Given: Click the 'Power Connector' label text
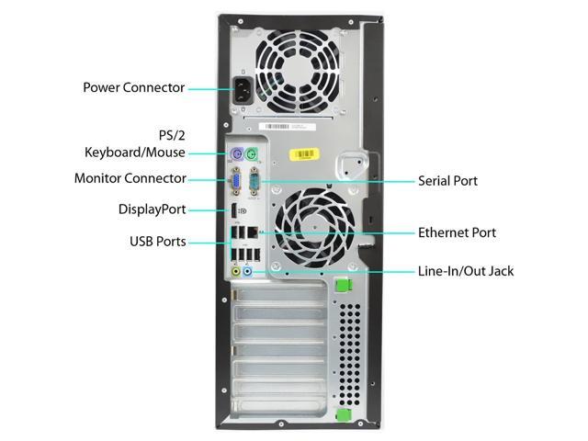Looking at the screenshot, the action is pyautogui.click(x=133, y=88).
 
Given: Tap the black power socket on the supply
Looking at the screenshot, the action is pyautogui.click(x=243, y=90).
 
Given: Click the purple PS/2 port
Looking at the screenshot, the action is pyautogui.click(x=236, y=153).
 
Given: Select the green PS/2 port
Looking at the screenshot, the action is pyautogui.click(x=252, y=153).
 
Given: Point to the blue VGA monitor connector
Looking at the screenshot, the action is pyautogui.click(x=236, y=181).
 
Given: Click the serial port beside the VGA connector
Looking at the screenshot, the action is pyautogui.click(x=254, y=181).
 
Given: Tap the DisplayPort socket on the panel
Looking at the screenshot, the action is pyautogui.click(x=233, y=210).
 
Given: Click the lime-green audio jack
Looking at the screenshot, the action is pyautogui.click(x=236, y=271).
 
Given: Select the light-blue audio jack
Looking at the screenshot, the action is pyautogui.click(x=247, y=271).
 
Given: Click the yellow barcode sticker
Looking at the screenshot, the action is pyautogui.click(x=304, y=154).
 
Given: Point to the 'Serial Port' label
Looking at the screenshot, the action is pyautogui.click(x=447, y=181).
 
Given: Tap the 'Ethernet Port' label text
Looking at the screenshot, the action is pyautogui.click(x=458, y=232).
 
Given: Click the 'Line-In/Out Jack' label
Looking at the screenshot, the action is pyautogui.click(x=466, y=271).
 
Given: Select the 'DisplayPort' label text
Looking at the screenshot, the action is pyautogui.click(x=152, y=209).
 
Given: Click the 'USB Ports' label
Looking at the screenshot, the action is pyautogui.click(x=157, y=242).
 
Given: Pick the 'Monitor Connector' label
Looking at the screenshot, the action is pyautogui.click(x=130, y=178).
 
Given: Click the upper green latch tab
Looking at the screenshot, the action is pyautogui.click(x=343, y=284).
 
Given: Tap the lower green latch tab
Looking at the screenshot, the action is pyautogui.click(x=344, y=414).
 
